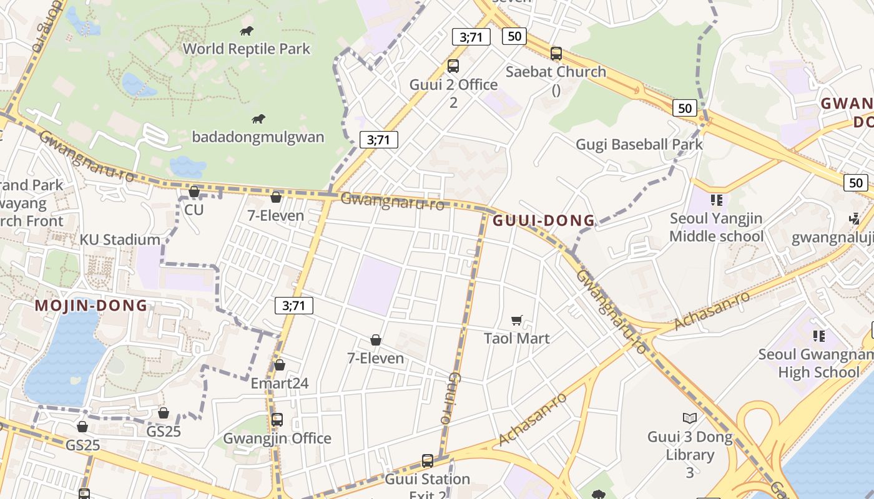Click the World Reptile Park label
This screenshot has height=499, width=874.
[x=247, y=49]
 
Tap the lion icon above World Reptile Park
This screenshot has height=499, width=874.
[x=247, y=31]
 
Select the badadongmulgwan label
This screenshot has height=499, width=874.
[x=258, y=137]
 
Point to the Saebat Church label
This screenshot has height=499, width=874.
[x=556, y=72]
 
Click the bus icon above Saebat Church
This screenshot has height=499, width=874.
[x=556, y=54]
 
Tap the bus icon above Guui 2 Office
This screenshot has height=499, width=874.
[x=453, y=65]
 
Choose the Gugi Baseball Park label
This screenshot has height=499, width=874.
[x=639, y=145]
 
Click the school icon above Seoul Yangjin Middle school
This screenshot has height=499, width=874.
[x=716, y=200]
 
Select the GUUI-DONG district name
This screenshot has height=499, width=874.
[x=544, y=221]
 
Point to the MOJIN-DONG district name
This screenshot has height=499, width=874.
[x=91, y=306]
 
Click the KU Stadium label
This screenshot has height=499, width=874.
[x=120, y=240]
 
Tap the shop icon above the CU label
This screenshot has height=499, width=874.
[x=194, y=191]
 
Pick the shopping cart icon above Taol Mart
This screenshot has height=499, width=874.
[x=517, y=321]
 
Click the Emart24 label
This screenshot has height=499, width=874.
[x=280, y=383]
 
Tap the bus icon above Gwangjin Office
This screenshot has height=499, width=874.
[x=277, y=420]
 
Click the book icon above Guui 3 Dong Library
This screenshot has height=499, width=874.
[x=689, y=418]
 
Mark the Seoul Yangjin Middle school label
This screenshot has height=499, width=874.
[x=716, y=227]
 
